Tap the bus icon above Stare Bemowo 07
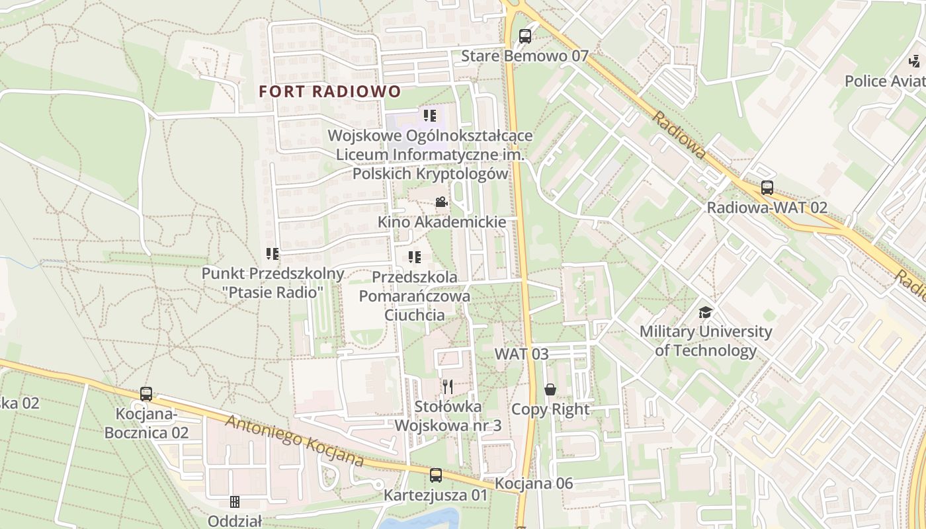click(525, 36)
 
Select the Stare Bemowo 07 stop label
click(524, 56)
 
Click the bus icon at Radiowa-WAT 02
click(767, 187)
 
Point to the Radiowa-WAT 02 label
click(767, 208)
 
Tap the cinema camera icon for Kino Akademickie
click(441, 202)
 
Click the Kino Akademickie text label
click(441, 222)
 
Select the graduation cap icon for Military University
click(706, 311)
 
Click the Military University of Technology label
click(706, 341)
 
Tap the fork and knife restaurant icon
click(448, 387)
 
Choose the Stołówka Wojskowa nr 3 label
click(448, 416)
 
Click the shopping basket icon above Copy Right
click(550, 389)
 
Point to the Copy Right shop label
click(550, 409)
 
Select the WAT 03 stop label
click(522, 354)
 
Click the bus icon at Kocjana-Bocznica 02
click(146, 394)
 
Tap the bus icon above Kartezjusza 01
click(436, 475)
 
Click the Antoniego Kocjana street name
click(295, 441)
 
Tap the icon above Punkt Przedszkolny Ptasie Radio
click(273, 253)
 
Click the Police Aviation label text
click(885, 81)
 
